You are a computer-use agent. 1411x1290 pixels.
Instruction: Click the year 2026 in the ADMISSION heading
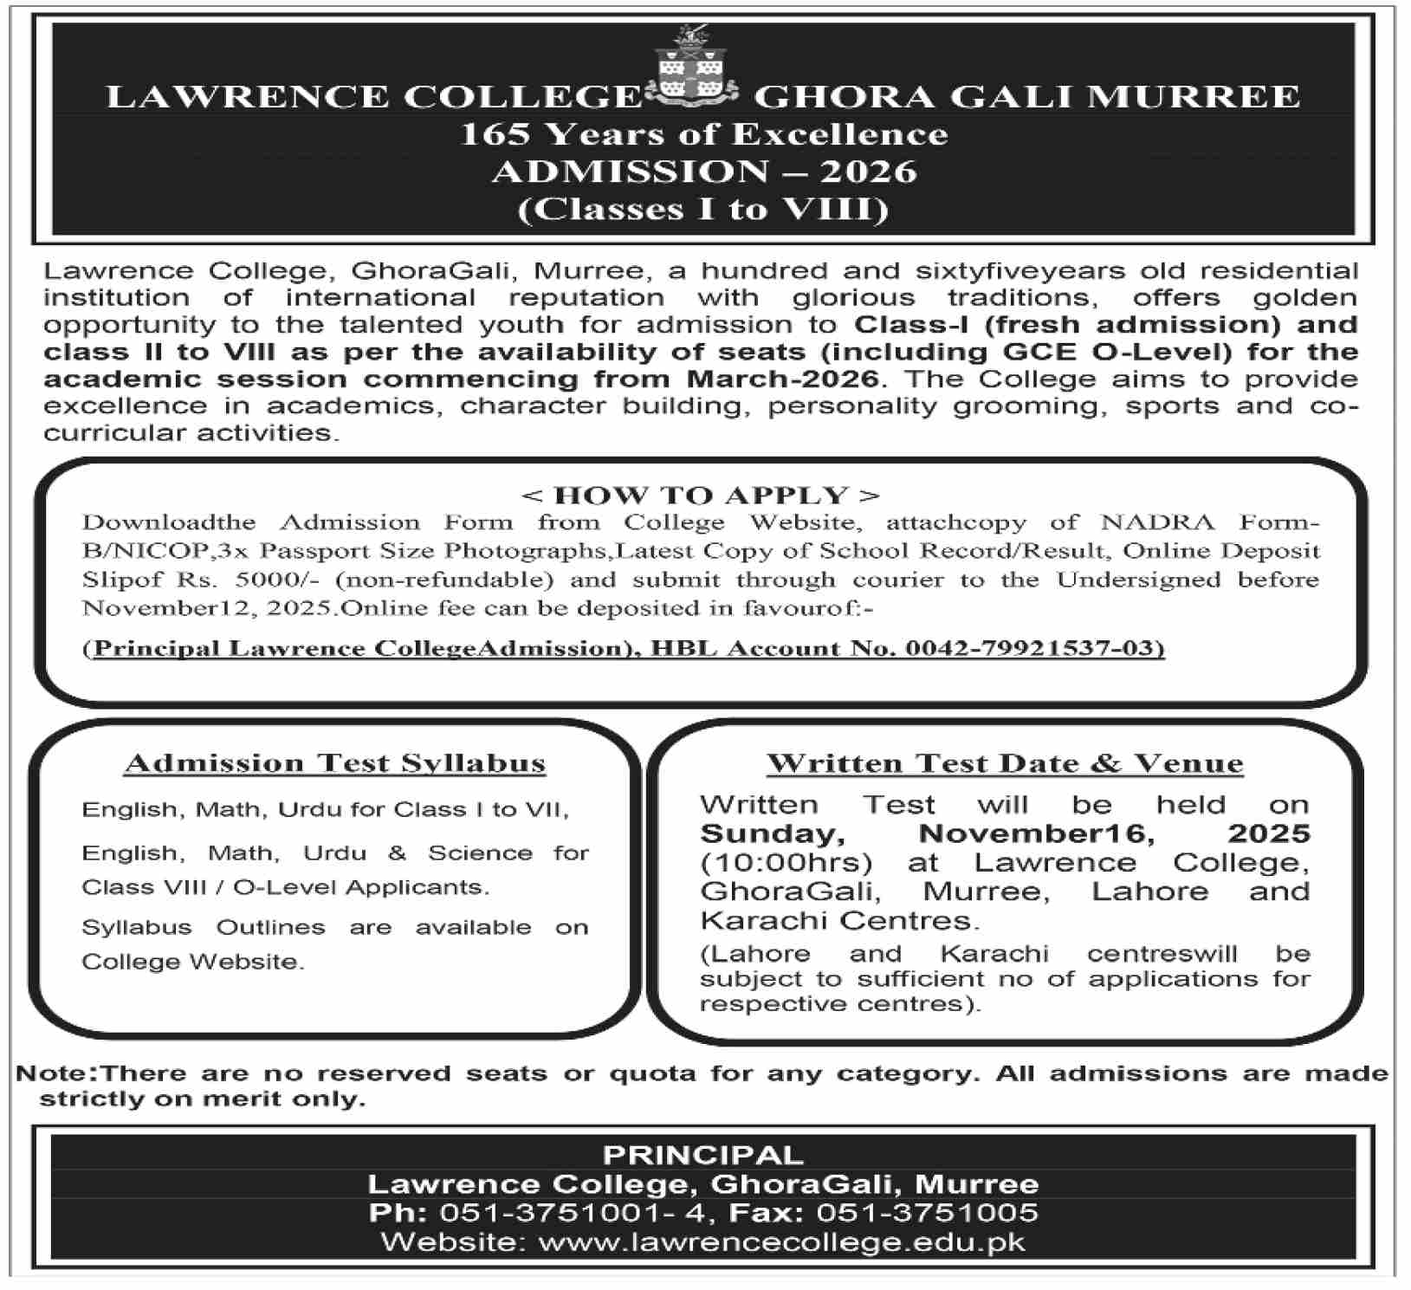(869, 172)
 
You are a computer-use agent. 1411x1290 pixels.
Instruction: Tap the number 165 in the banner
(491, 134)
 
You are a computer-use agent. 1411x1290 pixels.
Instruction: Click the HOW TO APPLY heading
(701, 496)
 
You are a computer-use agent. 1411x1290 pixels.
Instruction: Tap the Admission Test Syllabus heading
(335, 763)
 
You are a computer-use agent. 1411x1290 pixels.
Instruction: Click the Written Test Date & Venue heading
(1005, 763)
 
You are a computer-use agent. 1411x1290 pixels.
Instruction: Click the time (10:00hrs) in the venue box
(786, 863)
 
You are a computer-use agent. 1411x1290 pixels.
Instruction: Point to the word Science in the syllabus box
(480, 853)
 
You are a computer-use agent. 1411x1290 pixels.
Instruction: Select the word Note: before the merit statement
(57, 1073)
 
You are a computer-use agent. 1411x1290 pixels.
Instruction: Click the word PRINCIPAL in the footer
(702, 1156)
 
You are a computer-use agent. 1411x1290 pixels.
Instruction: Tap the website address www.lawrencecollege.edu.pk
(781, 1242)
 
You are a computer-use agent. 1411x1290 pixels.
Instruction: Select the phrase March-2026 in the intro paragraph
(783, 379)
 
